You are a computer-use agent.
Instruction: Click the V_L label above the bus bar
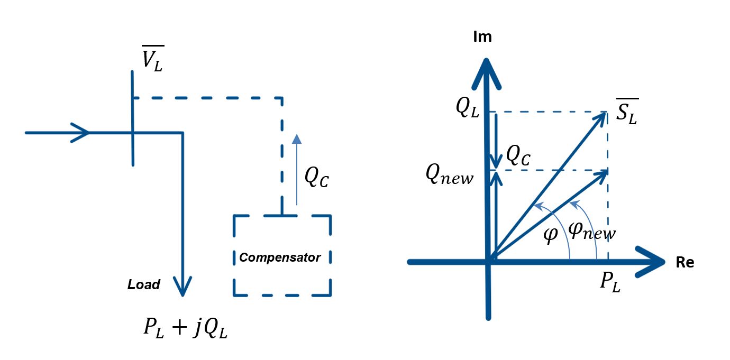tap(153, 58)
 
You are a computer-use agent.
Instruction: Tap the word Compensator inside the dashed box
tap(280, 257)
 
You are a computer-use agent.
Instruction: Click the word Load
tap(144, 284)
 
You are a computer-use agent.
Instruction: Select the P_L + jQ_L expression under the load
tap(186, 328)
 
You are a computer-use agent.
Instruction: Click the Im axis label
tap(482, 37)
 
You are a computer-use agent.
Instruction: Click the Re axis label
tap(685, 262)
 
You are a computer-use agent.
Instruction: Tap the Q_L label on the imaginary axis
tap(467, 107)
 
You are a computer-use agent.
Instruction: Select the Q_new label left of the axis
tap(450, 174)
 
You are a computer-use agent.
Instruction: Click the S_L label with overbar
tap(627, 112)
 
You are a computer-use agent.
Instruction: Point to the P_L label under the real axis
tap(610, 281)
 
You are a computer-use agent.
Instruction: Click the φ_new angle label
tap(592, 232)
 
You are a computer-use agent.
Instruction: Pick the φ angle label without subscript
tap(551, 235)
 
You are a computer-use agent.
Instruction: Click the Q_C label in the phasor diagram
tap(518, 155)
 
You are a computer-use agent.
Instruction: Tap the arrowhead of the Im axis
tap(486, 73)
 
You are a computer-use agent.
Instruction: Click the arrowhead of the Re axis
tap(651, 262)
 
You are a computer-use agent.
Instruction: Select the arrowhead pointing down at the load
tap(182, 286)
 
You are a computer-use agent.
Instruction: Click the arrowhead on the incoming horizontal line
tap(80, 133)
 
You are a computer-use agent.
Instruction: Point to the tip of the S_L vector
tap(606, 113)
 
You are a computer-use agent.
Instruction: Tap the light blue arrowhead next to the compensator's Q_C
tap(297, 139)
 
